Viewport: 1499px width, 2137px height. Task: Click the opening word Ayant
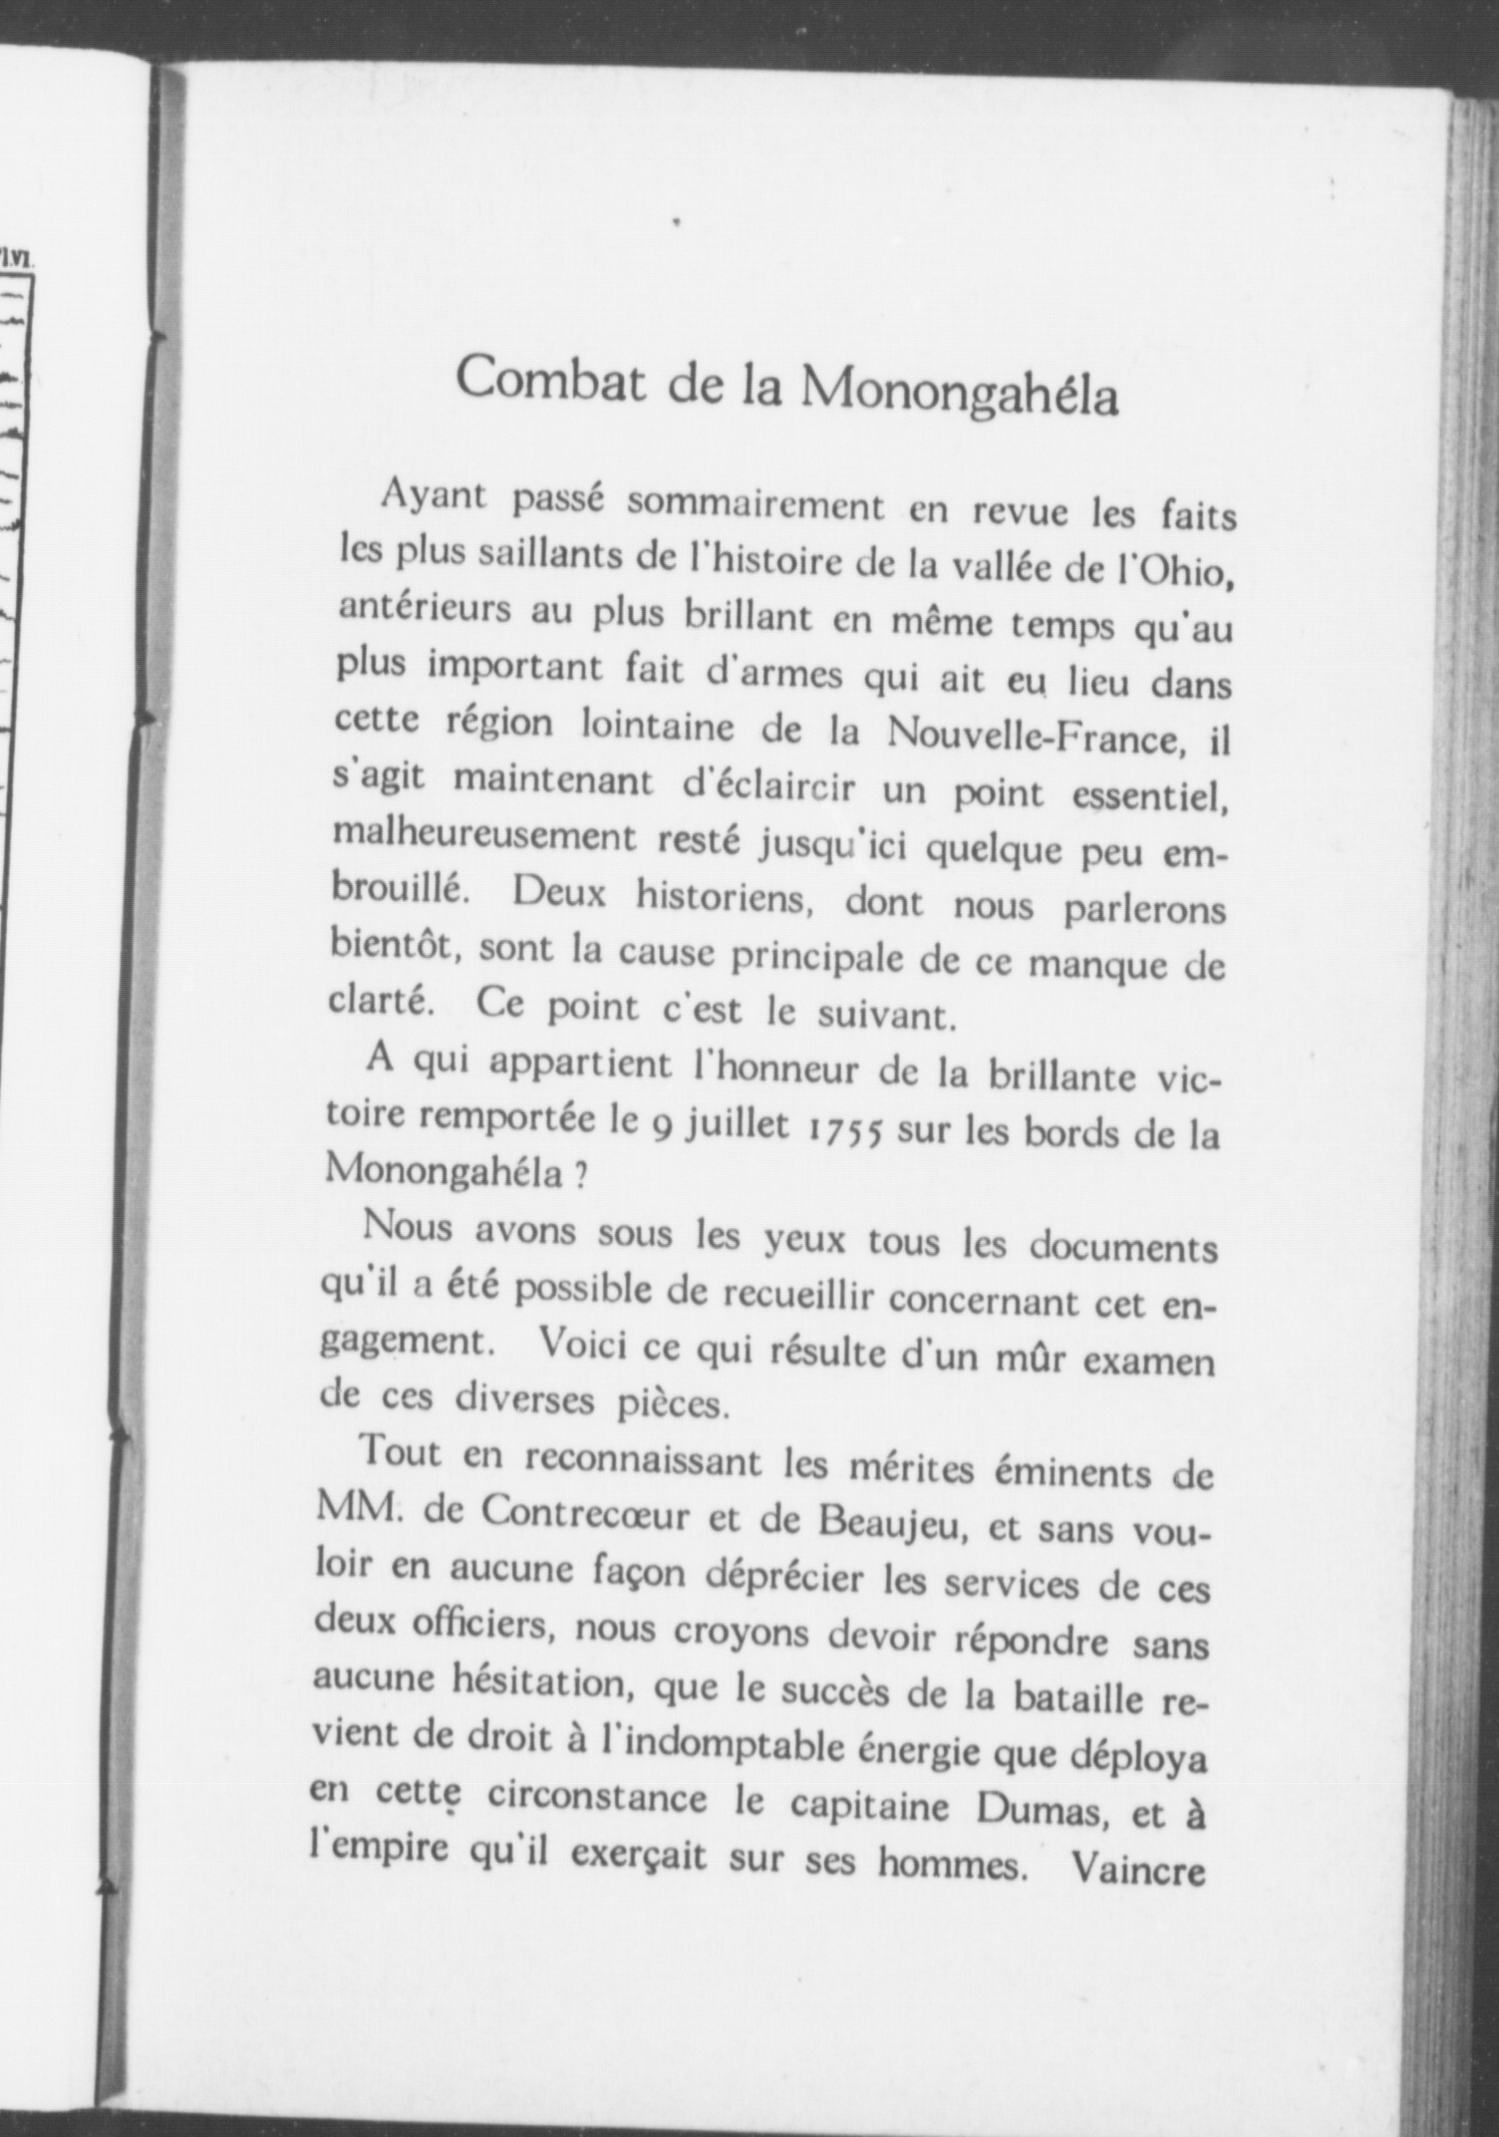[x=433, y=497]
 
